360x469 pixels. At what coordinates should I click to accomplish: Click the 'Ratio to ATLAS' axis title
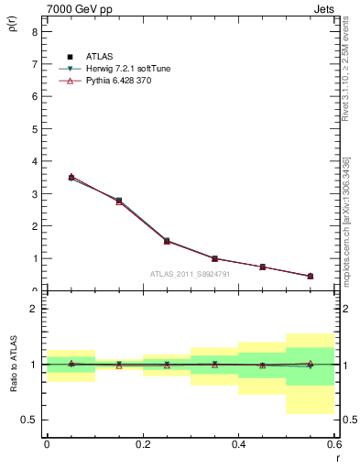click(12, 364)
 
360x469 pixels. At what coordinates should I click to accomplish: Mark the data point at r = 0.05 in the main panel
click(71, 177)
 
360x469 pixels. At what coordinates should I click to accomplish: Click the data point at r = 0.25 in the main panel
click(167, 241)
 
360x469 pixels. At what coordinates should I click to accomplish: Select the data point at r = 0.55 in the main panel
click(311, 276)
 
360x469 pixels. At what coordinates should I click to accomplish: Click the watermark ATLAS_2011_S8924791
click(191, 273)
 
